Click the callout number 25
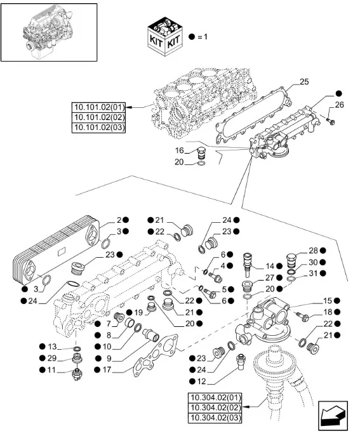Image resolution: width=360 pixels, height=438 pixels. tap(304, 83)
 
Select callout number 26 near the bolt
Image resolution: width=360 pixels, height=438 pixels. tap(338, 105)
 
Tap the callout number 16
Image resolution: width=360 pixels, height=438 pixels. tap(180, 151)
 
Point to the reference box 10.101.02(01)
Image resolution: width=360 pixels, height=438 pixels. tap(100, 107)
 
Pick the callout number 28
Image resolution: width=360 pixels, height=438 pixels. tap(313, 251)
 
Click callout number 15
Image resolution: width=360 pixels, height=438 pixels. tap(328, 300)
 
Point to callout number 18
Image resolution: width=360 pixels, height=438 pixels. tap(328, 312)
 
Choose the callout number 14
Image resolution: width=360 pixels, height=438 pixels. tap(269, 266)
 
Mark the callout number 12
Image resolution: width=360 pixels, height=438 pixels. tap(201, 381)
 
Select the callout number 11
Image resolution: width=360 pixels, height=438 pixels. tap(52, 369)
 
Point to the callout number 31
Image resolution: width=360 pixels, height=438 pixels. tap(313, 274)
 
